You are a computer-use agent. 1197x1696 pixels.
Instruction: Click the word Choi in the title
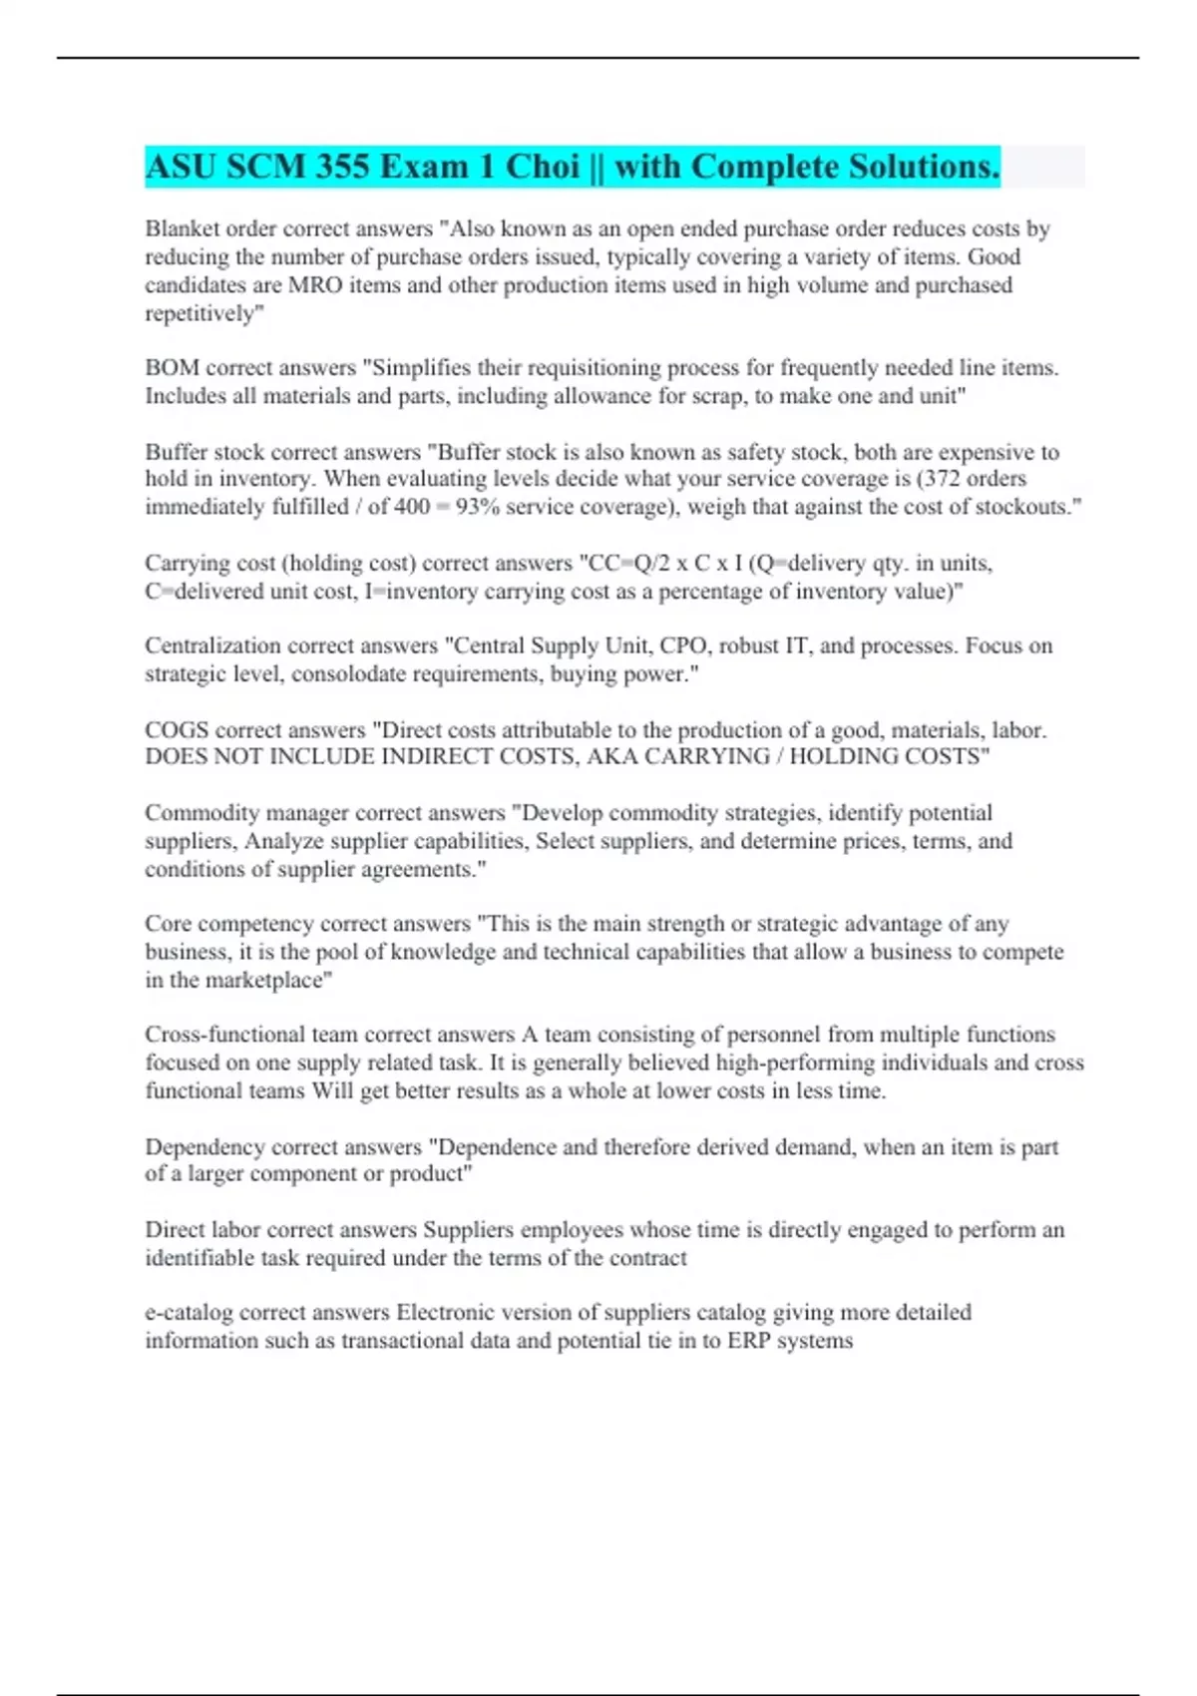(x=543, y=167)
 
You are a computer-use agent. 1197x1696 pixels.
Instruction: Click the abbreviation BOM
(x=172, y=368)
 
